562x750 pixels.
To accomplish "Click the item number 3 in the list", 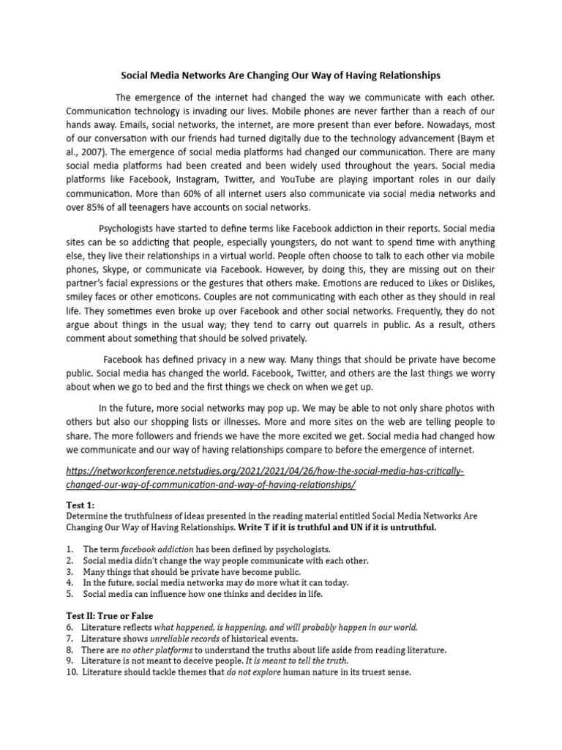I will [x=69, y=571].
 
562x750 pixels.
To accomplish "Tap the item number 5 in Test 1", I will [x=69, y=594].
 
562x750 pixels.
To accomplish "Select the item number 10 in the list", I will [x=71, y=672].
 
